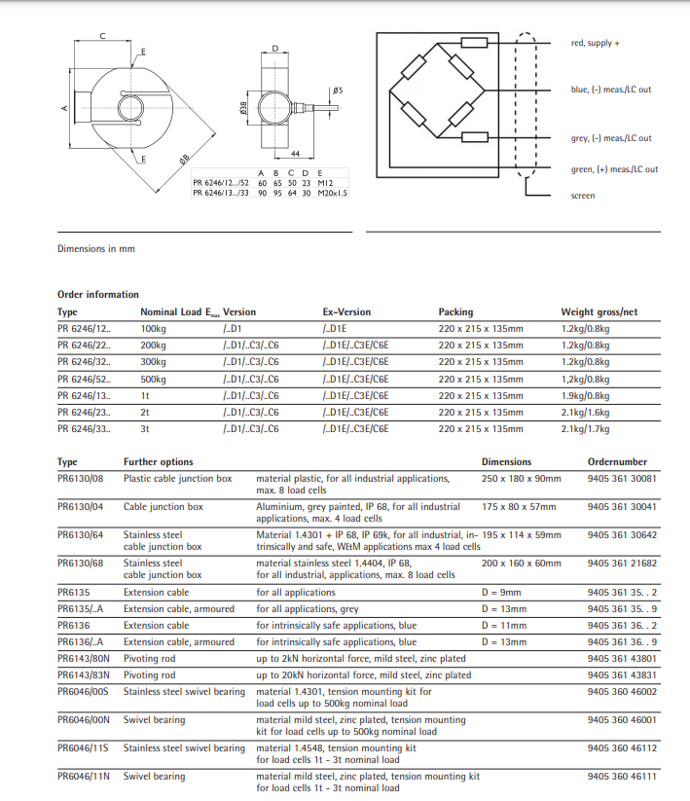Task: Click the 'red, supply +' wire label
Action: coord(595,43)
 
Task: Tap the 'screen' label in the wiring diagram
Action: coord(582,196)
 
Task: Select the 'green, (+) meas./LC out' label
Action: coord(614,169)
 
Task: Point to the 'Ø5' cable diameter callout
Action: coord(337,91)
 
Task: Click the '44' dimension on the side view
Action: coord(294,154)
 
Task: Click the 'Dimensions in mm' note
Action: coord(96,249)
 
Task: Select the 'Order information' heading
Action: coord(98,294)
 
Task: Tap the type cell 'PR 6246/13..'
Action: coord(84,396)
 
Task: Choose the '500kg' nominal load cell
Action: coord(154,380)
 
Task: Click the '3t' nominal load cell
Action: coord(146,429)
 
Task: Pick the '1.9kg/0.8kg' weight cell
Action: coord(585,396)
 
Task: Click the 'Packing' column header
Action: coord(455,312)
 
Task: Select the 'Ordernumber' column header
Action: coord(617,461)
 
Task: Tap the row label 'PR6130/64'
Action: coord(81,534)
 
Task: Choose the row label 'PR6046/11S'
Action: coord(83,747)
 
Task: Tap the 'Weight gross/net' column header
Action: coord(599,312)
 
